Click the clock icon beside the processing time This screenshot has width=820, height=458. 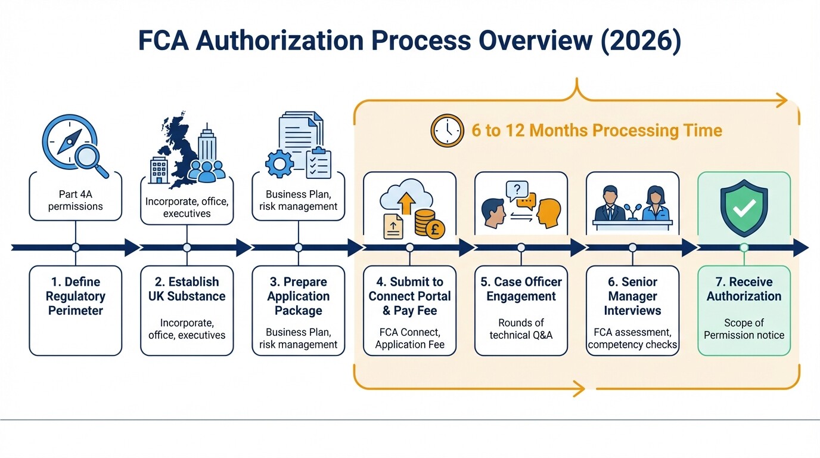[447, 131]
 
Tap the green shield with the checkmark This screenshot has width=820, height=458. [743, 206]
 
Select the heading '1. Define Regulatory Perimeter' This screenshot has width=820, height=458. [75, 296]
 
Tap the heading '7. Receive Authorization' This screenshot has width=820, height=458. [743, 289]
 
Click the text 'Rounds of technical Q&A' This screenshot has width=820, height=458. [521, 329]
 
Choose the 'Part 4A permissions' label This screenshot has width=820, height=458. [75, 200]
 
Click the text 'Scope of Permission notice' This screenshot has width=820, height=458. [743, 329]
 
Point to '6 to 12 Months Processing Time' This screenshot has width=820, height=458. [597, 131]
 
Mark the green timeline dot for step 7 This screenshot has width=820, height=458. [743, 247]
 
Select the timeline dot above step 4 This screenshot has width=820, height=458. [409, 247]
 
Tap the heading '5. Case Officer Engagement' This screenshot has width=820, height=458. [521, 289]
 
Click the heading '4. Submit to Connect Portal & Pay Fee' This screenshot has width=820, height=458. [409, 296]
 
